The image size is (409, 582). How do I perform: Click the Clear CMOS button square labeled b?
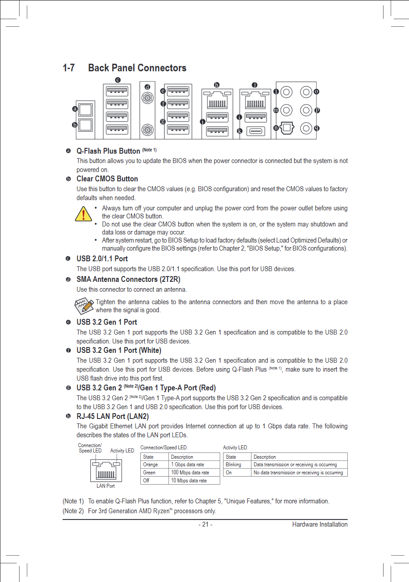coord(85,126)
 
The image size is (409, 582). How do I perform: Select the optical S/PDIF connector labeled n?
coord(287,128)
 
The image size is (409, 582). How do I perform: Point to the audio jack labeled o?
coord(306,92)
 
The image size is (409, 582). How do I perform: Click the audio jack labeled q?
coord(306,128)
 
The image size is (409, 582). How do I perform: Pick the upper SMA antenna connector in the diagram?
coord(147,97)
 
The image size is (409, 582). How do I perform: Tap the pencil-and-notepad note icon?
coord(84,306)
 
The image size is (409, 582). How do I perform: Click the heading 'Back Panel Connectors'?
coord(137,68)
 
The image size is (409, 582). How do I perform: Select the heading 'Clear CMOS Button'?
coord(107,179)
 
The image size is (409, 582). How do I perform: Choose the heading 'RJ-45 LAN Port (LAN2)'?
coord(113,417)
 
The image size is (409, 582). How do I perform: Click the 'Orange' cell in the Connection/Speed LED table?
coord(149,465)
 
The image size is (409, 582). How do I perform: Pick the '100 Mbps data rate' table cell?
coord(190,473)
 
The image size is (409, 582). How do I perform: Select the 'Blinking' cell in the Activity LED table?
coord(233,465)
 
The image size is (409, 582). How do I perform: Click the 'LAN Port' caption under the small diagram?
coord(105,486)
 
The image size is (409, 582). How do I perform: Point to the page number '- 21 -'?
coord(205,524)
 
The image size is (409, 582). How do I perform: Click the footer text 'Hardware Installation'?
coord(320,524)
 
